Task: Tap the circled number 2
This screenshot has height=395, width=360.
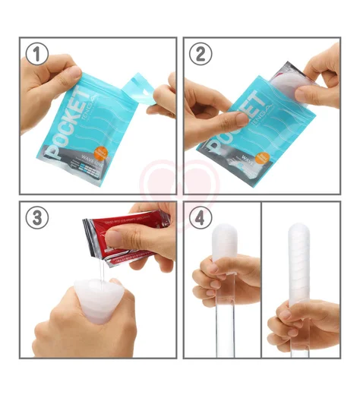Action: [x=199, y=55]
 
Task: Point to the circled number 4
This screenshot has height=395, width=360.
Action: [x=199, y=217]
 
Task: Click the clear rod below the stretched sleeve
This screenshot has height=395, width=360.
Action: [x=298, y=346]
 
